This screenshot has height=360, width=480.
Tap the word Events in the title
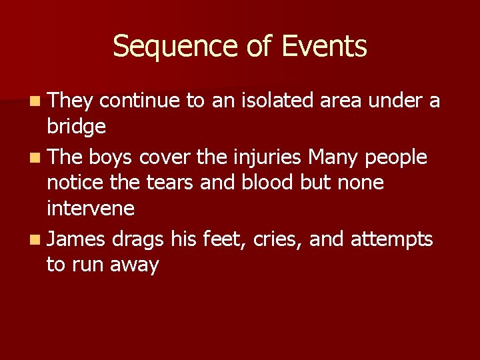324,47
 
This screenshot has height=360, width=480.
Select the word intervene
90,209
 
